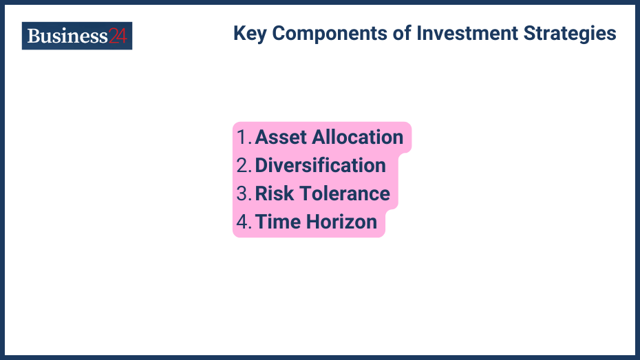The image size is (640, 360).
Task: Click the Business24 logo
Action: (x=77, y=36)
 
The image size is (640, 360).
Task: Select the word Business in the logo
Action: (x=67, y=36)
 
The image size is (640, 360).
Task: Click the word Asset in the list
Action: (x=281, y=137)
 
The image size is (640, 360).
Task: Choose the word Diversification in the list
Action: (x=320, y=165)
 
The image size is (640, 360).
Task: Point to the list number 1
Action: (x=242, y=137)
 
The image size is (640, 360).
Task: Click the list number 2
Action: (x=243, y=165)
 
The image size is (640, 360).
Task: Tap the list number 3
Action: (x=243, y=193)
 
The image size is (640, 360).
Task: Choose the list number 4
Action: (x=243, y=222)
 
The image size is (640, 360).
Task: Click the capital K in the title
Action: (x=239, y=33)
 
